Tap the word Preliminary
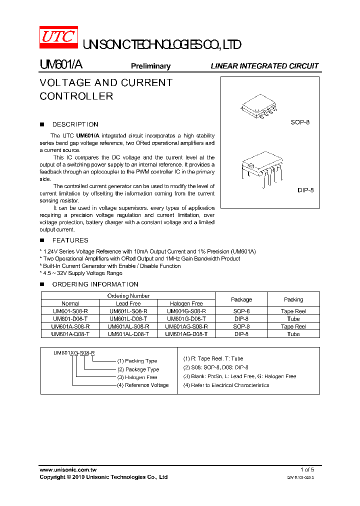point(150,66)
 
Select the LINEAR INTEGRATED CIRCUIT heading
point(264,66)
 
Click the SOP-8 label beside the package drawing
point(300,122)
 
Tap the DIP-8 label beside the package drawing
point(305,190)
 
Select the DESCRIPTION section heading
point(75,124)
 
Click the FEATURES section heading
point(70,240)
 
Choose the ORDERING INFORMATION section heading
point(95,284)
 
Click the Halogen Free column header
point(186,303)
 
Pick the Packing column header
point(293,299)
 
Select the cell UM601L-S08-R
point(128,311)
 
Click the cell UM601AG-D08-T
point(186,334)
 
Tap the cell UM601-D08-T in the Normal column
point(70,318)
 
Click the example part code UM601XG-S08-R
point(74,353)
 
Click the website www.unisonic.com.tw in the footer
point(68,469)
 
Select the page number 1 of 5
point(307,469)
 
